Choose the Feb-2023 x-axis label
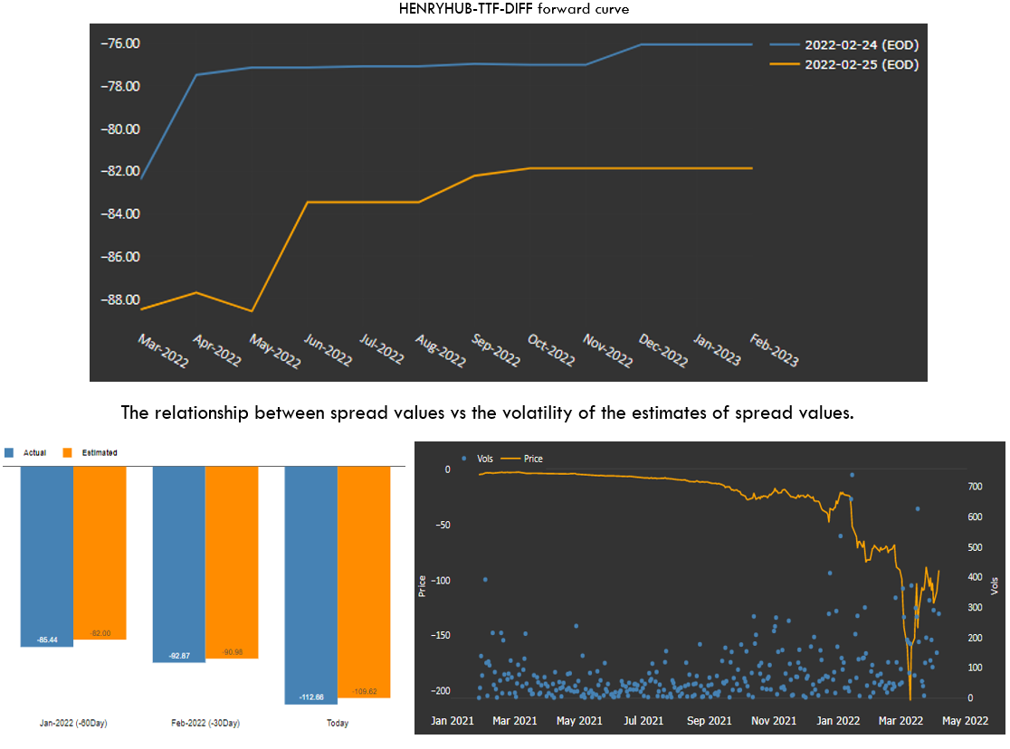pyautogui.click(x=773, y=350)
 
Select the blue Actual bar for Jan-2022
pyautogui.click(x=47, y=556)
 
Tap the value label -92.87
pyautogui.click(x=179, y=655)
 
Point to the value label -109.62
pyautogui.click(x=364, y=692)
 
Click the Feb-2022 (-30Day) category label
pyautogui.click(x=205, y=724)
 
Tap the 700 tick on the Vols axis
pyautogui.click(x=974, y=487)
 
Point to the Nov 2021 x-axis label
pyautogui.click(x=774, y=721)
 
